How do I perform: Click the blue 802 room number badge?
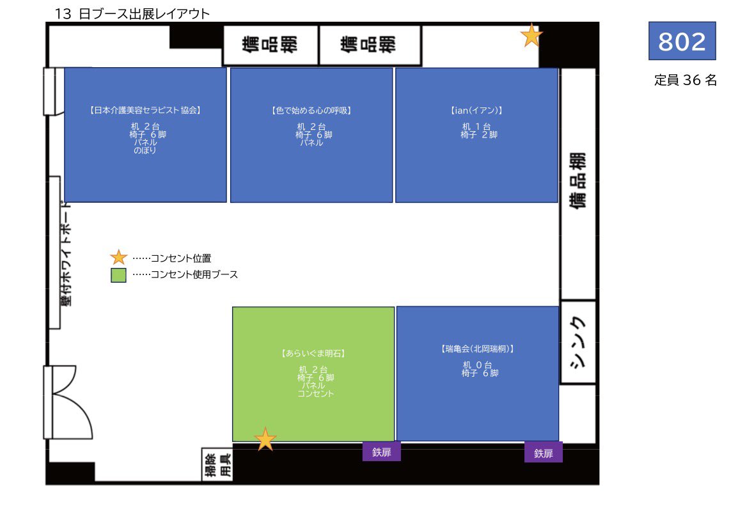click(682, 41)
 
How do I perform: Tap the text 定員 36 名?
click(686, 81)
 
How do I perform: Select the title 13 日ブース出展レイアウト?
click(132, 13)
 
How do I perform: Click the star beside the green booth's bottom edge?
click(265, 439)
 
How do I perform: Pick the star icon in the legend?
click(119, 258)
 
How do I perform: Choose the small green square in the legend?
click(118, 275)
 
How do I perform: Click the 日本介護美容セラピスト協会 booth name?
click(146, 110)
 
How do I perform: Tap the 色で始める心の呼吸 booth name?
click(311, 110)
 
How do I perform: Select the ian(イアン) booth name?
click(476, 110)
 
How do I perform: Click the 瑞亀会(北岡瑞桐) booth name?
click(478, 349)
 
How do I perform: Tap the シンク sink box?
click(578, 342)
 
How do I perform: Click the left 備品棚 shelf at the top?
click(270, 45)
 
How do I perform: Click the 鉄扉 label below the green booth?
click(382, 452)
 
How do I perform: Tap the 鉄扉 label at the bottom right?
click(544, 453)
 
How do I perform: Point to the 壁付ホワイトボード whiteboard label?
click(65, 253)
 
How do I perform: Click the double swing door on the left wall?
click(59, 401)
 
